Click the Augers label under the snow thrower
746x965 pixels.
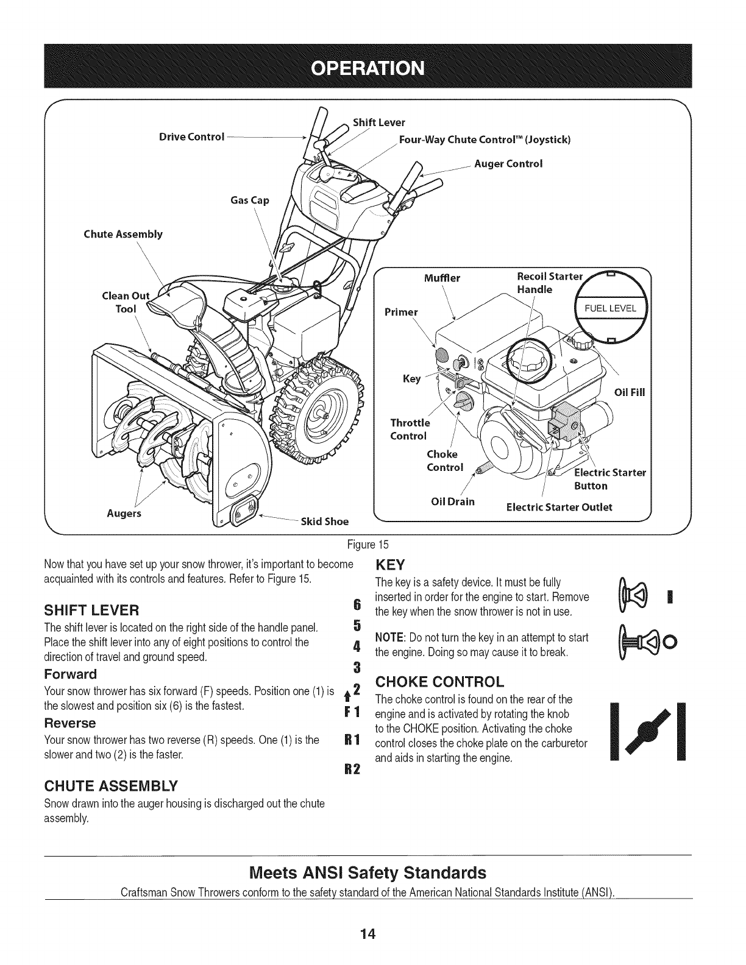(124, 513)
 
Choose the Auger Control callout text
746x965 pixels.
(508, 164)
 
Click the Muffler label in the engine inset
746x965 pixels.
(442, 279)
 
